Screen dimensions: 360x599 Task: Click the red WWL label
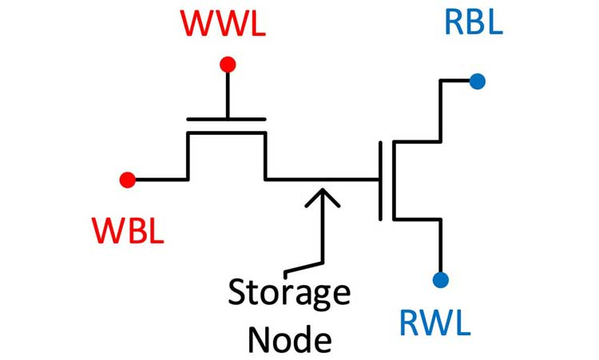(x=223, y=23)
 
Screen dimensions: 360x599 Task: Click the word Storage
(x=290, y=293)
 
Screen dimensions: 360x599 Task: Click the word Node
(x=289, y=339)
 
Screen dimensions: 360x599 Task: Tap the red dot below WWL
(x=228, y=65)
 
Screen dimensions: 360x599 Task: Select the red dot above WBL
(x=126, y=180)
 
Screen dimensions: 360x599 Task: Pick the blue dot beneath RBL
(x=478, y=81)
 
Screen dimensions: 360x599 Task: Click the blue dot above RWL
(x=440, y=279)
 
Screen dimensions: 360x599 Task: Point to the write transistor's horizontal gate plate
(x=226, y=119)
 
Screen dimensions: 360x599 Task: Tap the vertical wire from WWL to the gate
(x=228, y=94)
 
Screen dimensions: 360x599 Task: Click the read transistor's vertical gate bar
(x=381, y=180)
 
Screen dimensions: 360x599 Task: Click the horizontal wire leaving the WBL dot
(x=160, y=180)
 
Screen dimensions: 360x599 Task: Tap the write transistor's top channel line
(x=226, y=133)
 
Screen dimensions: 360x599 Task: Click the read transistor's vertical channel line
(x=394, y=180)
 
